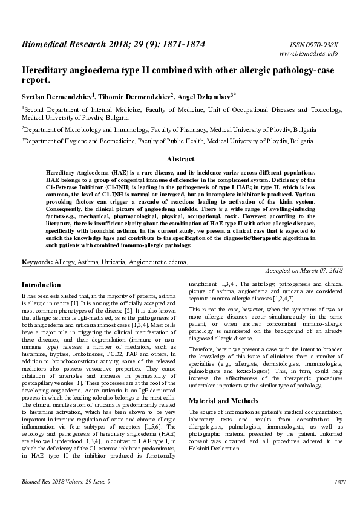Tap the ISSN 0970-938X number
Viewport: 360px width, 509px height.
click(x=314, y=45)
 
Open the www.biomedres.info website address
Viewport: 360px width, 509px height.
click(x=309, y=54)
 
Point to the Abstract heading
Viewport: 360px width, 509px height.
click(x=180, y=160)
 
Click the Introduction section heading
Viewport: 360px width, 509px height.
click(x=41, y=284)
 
